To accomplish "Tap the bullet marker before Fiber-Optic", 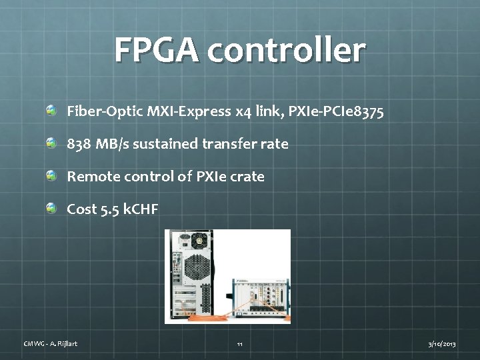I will (51, 109).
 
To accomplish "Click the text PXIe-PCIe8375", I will (336, 111).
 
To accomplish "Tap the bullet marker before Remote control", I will (51, 175).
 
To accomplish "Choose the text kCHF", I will (141, 209).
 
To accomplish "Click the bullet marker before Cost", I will (51, 208).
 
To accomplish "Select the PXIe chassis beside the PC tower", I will (260, 297).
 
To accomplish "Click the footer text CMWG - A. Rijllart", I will (51, 343).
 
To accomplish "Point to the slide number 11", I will (239, 344).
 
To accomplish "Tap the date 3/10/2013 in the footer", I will (441, 343).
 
